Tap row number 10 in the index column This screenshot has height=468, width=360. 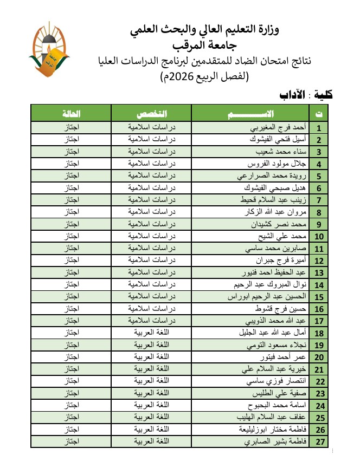click(319, 236)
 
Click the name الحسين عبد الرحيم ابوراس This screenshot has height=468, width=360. click(269, 296)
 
